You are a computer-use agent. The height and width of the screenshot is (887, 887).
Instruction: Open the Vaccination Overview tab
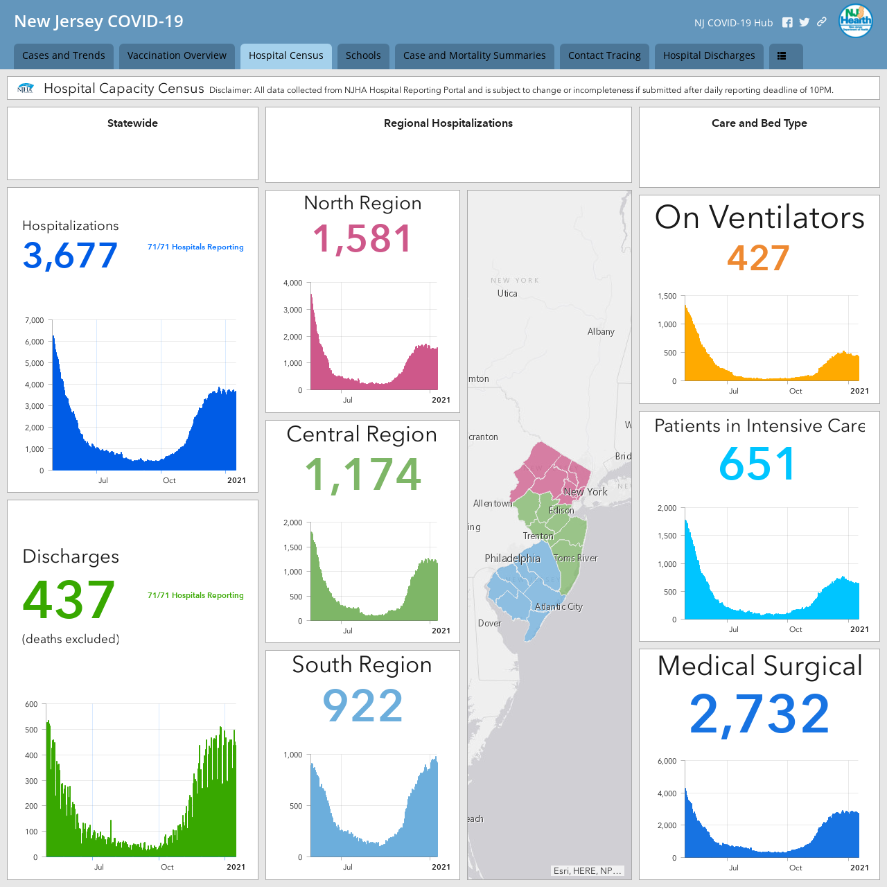tap(177, 55)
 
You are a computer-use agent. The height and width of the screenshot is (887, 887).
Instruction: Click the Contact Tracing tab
tap(604, 55)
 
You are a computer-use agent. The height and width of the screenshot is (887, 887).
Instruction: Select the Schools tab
tap(362, 55)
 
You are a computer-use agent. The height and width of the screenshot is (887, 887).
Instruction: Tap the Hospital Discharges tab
tap(708, 55)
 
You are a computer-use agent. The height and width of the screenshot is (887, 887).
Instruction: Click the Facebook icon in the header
tap(787, 23)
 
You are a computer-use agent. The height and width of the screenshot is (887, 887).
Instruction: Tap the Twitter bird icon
tap(804, 23)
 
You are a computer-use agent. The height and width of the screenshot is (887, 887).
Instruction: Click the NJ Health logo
tap(855, 21)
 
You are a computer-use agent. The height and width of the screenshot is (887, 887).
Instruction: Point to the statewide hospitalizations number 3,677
tap(70, 256)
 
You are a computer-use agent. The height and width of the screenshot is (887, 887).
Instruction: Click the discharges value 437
tap(69, 599)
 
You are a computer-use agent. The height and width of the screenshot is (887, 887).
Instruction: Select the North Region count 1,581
tap(362, 238)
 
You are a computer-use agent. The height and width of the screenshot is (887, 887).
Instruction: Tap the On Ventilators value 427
tap(759, 258)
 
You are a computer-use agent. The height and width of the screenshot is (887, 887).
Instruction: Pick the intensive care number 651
tap(757, 464)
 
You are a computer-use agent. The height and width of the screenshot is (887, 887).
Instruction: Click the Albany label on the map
tap(601, 331)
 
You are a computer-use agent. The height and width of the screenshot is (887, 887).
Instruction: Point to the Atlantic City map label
tap(559, 606)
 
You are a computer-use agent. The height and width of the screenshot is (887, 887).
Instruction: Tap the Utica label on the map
tap(507, 293)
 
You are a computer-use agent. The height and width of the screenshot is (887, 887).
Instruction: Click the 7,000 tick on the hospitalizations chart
tap(35, 320)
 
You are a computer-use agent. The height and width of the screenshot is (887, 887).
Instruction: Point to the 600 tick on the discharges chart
tap(31, 704)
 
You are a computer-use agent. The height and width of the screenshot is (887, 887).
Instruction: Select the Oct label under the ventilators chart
tap(796, 391)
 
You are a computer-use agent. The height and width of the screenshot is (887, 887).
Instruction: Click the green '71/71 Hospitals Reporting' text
tap(195, 595)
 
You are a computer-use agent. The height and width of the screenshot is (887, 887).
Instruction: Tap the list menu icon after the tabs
tap(782, 55)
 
